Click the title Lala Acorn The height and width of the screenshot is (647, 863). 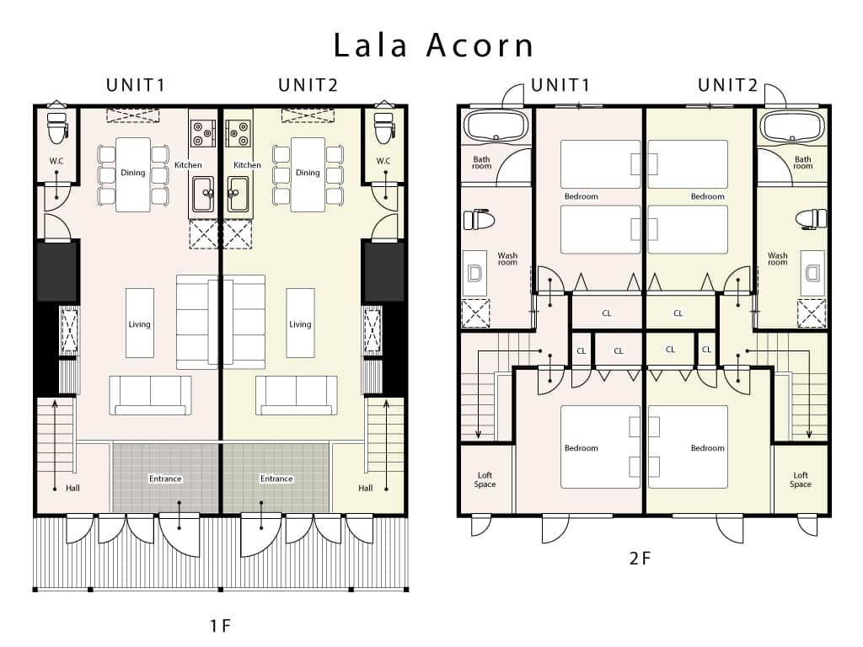[x=433, y=45]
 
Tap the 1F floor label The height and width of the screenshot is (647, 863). [x=220, y=626]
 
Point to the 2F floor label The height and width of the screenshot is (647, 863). [x=641, y=559]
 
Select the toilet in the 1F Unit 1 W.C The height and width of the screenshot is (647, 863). [x=57, y=128]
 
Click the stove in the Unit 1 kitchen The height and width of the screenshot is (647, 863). [x=202, y=134]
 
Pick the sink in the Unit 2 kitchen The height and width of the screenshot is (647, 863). [x=239, y=195]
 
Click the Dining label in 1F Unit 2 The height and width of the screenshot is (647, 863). [x=308, y=173]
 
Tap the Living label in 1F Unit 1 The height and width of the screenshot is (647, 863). [x=139, y=324]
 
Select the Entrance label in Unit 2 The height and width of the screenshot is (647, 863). [x=276, y=479]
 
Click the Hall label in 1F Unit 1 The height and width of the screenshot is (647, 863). [x=72, y=488]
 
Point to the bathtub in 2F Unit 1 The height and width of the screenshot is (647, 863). [x=496, y=126]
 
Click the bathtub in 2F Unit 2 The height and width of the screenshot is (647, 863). [x=792, y=126]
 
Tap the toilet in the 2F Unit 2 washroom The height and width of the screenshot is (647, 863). [x=811, y=218]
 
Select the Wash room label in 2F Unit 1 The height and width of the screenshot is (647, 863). [x=507, y=259]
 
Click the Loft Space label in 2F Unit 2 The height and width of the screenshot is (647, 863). [x=801, y=479]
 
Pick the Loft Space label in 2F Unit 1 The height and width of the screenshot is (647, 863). [x=485, y=479]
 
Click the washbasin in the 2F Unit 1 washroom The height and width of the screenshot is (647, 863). [x=474, y=274]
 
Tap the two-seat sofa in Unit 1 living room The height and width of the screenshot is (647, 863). [x=150, y=396]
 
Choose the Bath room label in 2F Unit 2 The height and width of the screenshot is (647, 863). [x=802, y=163]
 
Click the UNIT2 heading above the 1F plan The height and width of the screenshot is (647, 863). [x=308, y=85]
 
